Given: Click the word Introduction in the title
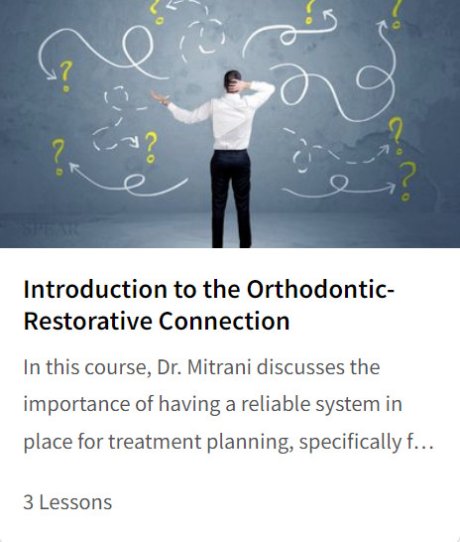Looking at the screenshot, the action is tap(95, 289).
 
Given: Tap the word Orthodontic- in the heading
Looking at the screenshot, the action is tap(320, 289).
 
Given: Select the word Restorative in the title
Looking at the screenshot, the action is tap(87, 321).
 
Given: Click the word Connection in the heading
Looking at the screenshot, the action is tap(224, 321).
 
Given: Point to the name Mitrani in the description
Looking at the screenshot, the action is tap(219, 367).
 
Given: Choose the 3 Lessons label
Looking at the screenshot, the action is tap(67, 502).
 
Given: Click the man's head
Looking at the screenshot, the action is tap(232, 81).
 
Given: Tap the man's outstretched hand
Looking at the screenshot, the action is tap(160, 97).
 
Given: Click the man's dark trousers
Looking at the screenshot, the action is tap(231, 198).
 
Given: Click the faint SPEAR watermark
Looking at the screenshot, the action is tap(51, 229).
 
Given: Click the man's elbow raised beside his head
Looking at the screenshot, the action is tap(267, 89).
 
